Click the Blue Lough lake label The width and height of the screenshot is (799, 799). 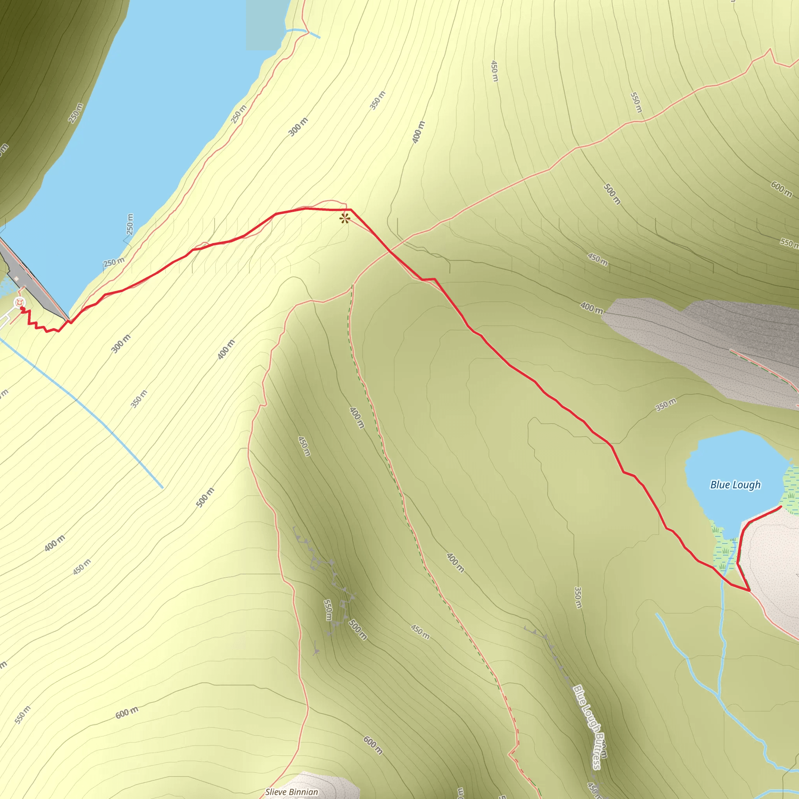pyautogui.click(x=735, y=485)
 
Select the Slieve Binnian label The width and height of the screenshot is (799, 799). pyautogui.click(x=291, y=792)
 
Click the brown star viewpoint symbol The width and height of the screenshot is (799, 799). pyautogui.click(x=344, y=218)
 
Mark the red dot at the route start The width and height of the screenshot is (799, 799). pyautogui.click(x=22, y=309)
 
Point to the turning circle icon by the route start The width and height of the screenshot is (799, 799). pyautogui.click(x=19, y=303)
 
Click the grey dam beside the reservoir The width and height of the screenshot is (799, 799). pyautogui.click(x=33, y=281)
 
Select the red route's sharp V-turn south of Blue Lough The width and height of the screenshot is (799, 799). pyautogui.click(x=749, y=591)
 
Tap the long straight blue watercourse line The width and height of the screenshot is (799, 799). pyautogui.click(x=83, y=405)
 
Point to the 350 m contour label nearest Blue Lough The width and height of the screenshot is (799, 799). pyautogui.click(x=666, y=404)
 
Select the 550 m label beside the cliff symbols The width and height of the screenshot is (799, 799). pyautogui.click(x=328, y=610)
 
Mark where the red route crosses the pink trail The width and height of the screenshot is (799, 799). pyautogui.click(x=390, y=250)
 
